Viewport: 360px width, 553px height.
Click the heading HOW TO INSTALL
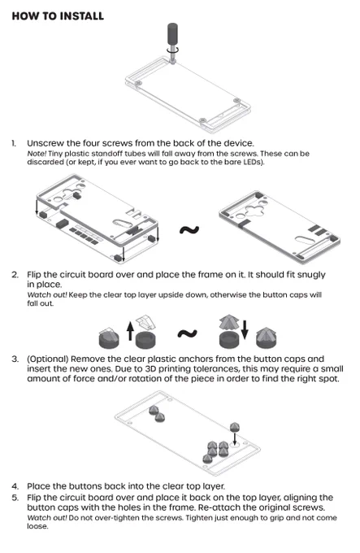point(58,16)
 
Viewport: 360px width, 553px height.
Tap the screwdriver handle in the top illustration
point(172,33)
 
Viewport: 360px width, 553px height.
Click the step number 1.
point(13,144)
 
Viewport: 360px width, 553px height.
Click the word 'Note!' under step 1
point(37,154)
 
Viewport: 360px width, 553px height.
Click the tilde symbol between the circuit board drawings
point(189,230)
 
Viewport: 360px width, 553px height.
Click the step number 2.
point(15,275)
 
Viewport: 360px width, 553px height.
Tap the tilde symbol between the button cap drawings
point(187,333)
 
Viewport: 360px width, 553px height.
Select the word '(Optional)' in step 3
point(48,359)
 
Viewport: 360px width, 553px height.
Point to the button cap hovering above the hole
point(235,427)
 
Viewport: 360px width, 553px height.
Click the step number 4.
point(15,486)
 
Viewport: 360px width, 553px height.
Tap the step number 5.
point(15,498)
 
